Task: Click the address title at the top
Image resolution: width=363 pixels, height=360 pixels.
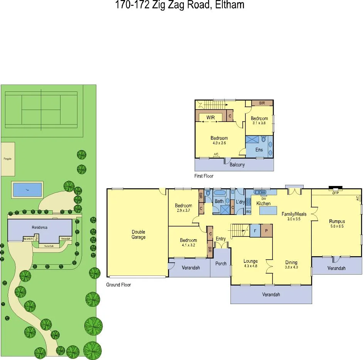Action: tap(180, 5)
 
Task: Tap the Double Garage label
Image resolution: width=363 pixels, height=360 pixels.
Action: tap(138, 235)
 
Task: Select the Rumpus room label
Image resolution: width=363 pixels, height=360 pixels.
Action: tap(336, 221)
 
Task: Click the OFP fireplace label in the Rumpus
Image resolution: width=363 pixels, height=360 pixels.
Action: tap(336, 193)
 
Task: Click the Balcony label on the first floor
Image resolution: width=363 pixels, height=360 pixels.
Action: tap(237, 165)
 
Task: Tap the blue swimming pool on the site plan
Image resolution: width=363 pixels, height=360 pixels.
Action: tap(27, 189)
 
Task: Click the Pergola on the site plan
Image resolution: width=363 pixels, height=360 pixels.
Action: tap(8, 159)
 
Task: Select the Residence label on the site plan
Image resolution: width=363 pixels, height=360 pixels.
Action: tap(39, 227)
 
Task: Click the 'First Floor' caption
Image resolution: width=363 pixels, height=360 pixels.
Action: tap(204, 176)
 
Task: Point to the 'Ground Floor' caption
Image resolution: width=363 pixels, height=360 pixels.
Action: tap(118, 285)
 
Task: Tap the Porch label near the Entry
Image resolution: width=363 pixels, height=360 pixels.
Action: tap(221, 264)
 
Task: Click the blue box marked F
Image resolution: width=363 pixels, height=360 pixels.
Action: tap(255, 231)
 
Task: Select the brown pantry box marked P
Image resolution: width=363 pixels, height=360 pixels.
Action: tap(267, 231)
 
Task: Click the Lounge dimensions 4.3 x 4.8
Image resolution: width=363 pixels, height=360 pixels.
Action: tap(250, 266)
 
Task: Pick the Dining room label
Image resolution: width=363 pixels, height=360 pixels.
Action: tap(291, 263)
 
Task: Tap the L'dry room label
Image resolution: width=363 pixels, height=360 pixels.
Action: tap(240, 202)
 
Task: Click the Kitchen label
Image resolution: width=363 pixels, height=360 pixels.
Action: tap(264, 203)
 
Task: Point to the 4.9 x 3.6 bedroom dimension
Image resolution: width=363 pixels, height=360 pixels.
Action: tap(219, 143)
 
